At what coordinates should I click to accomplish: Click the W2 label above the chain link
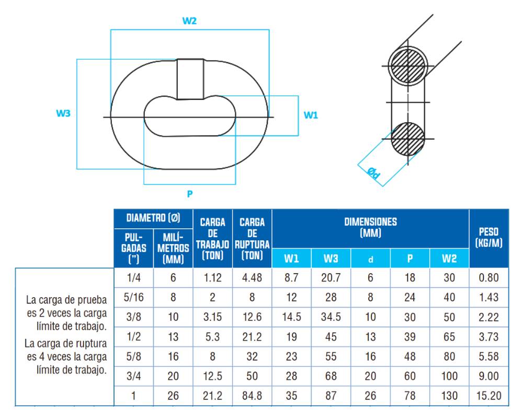[x=189, y=21]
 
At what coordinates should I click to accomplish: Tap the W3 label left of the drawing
[x=63, y=113]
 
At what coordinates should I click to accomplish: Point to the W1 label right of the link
[x=311, y=115]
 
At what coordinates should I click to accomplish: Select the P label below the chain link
[x=190, y=194]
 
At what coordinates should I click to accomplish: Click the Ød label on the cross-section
[x=373, y=173]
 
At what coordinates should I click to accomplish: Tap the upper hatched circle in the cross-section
[x=408, y=66]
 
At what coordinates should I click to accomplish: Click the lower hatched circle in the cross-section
[x=408, y=138]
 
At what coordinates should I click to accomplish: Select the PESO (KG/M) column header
[x=488, y=237]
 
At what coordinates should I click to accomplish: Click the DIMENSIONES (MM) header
[x=371, y=227]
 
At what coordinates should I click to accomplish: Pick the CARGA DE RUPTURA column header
[x=252, y=239]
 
